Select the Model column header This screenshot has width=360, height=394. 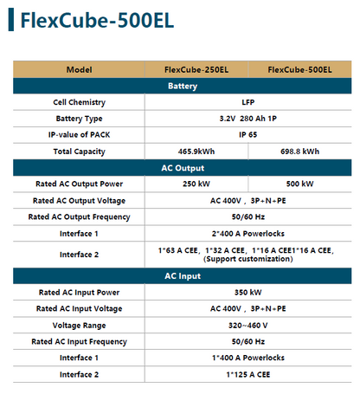79,69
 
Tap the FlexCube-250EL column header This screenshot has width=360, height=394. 195,69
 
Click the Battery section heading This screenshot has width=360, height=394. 183,85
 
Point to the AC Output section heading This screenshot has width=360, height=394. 183,167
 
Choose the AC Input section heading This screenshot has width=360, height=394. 183,275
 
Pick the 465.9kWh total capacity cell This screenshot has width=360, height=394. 195,151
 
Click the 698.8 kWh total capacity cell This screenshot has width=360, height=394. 299,151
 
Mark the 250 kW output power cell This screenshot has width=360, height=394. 195,184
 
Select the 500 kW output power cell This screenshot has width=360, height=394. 299,184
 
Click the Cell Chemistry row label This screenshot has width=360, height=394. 79,101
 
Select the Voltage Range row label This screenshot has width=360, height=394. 79,325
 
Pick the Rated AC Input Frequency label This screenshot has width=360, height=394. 79,341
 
